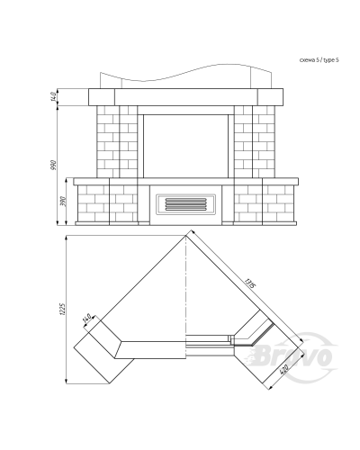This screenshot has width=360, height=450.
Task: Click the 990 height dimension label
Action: pos(54,165)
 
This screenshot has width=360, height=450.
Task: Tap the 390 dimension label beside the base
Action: pos(63,201)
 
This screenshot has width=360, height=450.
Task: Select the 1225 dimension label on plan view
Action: pos(63,309)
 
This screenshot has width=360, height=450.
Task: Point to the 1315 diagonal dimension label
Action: pos(249,283)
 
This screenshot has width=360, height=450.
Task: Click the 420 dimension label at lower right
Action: pos(283,370)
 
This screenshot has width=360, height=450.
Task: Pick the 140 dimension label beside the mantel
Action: pos(53,96)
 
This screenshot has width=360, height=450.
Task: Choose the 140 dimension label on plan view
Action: pos(86,319)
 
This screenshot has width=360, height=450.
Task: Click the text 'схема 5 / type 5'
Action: pos(319,60)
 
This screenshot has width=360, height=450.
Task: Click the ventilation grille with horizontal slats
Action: pos(185,204)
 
